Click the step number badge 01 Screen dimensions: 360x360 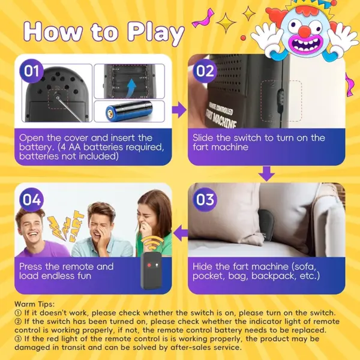31,71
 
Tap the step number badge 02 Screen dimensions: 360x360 205,71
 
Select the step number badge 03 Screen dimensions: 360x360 205,200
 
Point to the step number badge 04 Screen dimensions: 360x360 31,200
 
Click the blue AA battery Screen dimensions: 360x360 129,111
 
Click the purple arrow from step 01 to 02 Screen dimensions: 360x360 179,110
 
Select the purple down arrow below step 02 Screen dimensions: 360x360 266,174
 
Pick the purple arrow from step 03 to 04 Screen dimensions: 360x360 181,233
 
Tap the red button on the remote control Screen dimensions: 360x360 149,265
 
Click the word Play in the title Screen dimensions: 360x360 155,33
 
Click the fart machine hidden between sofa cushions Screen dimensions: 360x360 266,225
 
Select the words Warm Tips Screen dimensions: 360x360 34,304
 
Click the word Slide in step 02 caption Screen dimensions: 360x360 203,138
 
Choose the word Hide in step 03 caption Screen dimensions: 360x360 203,266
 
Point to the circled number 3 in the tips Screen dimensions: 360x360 18,338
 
